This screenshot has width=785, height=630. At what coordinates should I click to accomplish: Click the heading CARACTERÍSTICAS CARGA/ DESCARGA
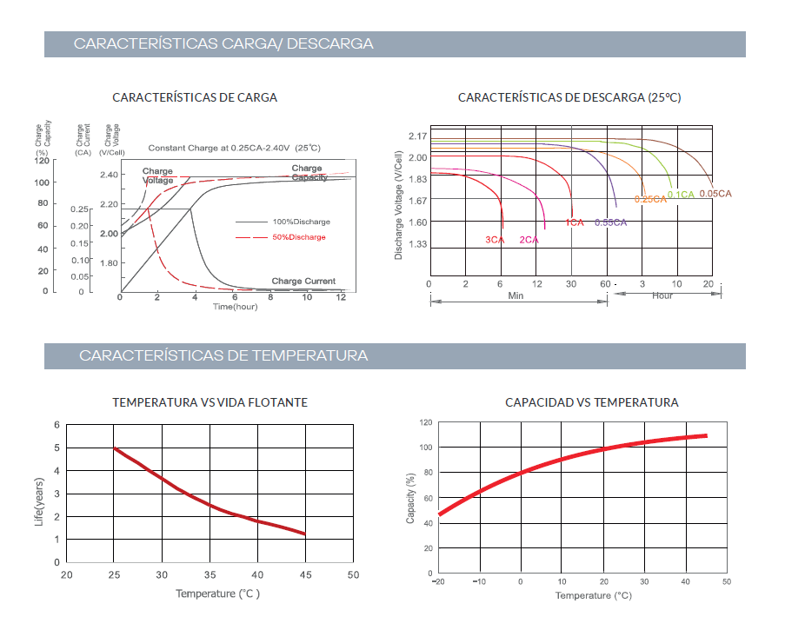(223, 43)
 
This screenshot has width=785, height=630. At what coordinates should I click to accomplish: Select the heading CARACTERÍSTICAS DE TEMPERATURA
(223, 355)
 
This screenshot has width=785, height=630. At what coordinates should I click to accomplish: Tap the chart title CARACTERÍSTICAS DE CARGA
(196, 97)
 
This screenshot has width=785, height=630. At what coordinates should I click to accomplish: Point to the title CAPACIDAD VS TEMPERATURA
(592, 402)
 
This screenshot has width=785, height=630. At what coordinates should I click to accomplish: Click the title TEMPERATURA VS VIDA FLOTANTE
(210, 402)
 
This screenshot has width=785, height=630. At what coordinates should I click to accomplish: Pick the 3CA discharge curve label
(495, 240)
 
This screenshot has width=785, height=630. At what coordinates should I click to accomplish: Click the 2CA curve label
(529, 240)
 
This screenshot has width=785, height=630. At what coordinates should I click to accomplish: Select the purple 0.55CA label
(610, 222)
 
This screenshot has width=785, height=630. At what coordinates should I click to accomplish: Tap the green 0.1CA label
(681, 195)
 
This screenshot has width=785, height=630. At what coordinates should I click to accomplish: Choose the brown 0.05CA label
(715, 193)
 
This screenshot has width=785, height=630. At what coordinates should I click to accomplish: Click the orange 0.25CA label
(649, 200)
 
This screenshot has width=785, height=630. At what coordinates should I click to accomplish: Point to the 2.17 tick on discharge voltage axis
(416, 136)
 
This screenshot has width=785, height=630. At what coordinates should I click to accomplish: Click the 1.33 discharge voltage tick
(416, 244)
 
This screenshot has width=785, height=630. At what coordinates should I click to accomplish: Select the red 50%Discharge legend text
(298, 237)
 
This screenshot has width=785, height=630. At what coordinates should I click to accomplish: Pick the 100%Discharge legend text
(301, 222)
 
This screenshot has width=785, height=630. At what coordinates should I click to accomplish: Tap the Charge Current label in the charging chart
(303, 281)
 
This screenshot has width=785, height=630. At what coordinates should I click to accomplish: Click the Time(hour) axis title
(235, 307)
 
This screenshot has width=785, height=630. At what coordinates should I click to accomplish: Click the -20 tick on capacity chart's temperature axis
(439, 581)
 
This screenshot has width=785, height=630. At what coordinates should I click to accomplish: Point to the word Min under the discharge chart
(516, 295)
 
